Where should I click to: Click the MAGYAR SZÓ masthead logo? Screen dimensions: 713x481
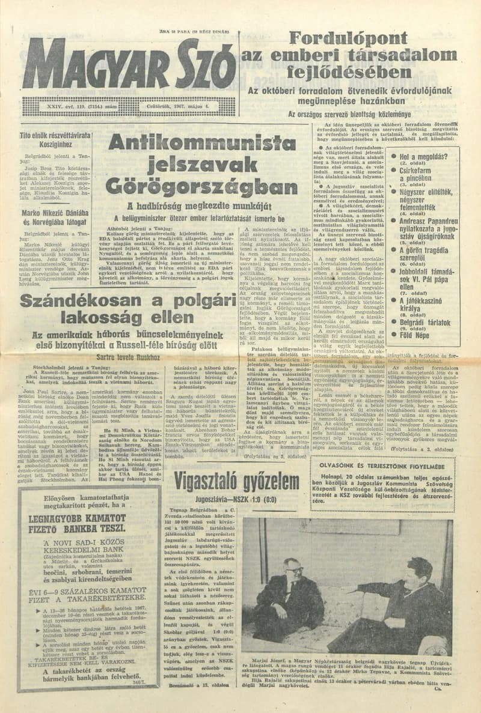(129, 64)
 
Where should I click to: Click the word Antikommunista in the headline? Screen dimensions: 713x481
(193, 143)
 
